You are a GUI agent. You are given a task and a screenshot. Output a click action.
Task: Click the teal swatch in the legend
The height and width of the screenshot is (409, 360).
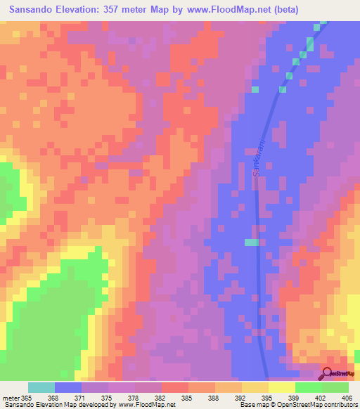41,387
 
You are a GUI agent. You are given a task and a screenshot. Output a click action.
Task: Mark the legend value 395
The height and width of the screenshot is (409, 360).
269,398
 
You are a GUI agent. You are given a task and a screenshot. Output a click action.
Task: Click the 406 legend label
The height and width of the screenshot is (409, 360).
349,398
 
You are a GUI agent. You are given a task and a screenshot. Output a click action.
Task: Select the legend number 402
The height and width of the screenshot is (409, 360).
322,398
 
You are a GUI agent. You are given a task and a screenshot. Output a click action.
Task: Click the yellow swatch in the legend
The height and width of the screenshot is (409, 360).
281,387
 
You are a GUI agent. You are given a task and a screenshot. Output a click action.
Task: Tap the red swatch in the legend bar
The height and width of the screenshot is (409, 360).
174,387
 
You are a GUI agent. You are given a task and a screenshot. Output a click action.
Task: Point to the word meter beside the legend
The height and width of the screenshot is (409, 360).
10,398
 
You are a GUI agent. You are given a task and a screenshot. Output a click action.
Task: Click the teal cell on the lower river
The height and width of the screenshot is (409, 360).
252,242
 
